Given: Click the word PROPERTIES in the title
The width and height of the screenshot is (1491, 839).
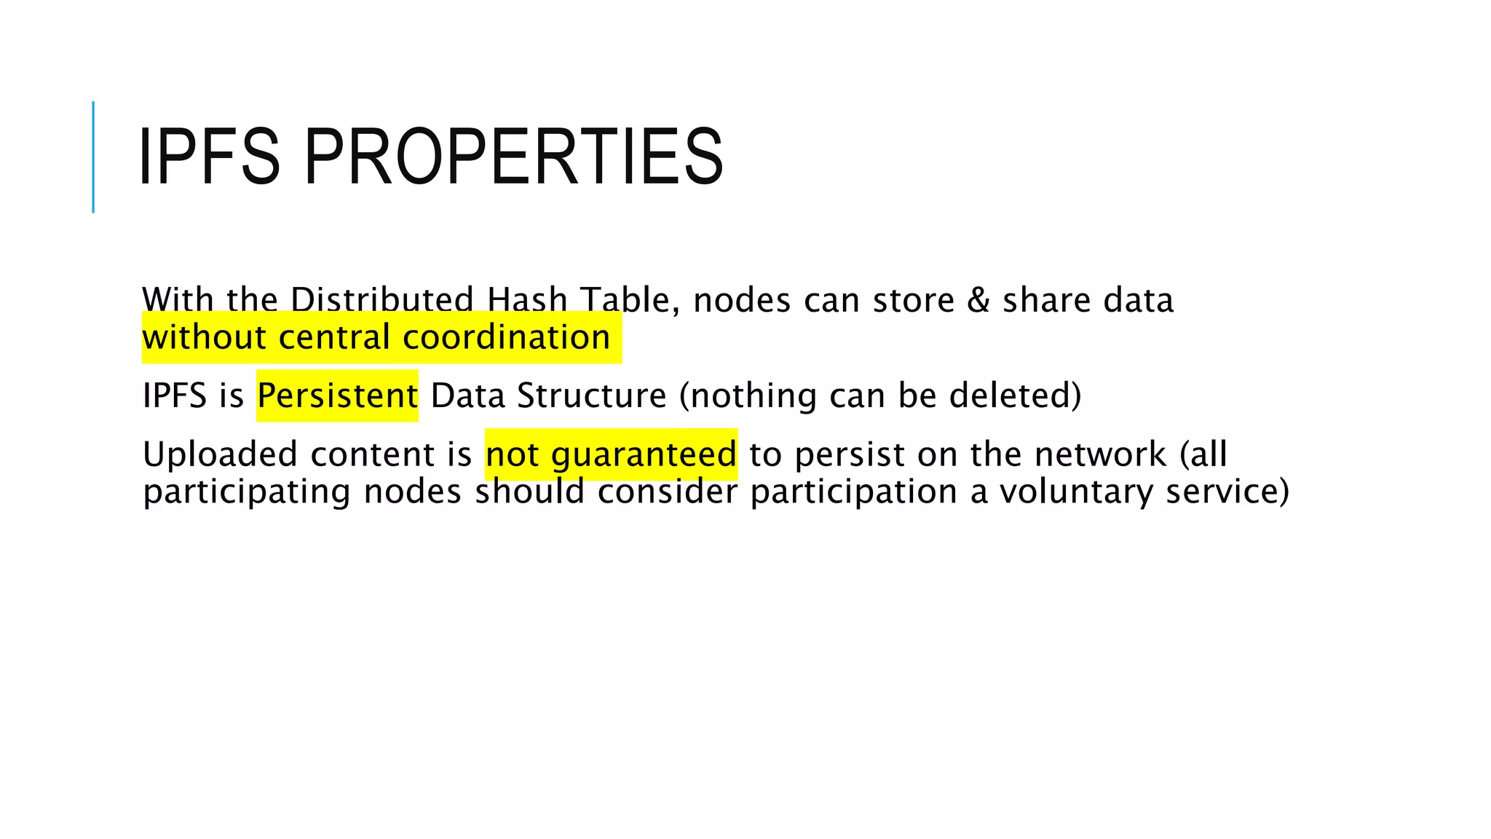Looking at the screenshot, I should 513,157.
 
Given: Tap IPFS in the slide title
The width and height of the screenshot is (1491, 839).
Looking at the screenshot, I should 209,157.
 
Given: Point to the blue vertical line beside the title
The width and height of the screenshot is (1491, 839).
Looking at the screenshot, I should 93,157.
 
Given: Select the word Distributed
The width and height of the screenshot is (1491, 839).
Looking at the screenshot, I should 382,300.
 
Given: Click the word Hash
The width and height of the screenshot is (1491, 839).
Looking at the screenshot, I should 527,300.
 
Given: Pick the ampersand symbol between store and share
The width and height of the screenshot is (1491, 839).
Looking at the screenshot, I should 978,300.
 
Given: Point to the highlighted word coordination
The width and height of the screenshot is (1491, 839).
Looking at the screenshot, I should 506,337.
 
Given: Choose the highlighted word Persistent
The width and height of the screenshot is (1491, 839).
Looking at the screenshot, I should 337,395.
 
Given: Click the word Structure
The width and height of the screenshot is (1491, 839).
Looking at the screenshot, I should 591,395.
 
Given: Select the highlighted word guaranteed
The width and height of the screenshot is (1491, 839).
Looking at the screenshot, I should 644,454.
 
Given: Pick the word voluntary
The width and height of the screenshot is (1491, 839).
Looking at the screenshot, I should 1076,492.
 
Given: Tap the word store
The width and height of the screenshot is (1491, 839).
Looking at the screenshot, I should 913,300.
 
